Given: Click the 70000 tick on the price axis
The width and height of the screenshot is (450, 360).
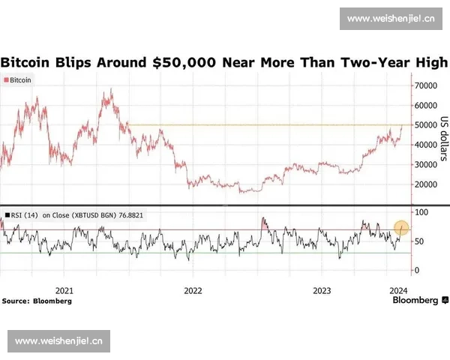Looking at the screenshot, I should (424, 86).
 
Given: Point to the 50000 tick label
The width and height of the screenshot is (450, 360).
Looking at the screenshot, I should (424, 125).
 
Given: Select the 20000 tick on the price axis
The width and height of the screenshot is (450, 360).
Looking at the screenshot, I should (424, 184).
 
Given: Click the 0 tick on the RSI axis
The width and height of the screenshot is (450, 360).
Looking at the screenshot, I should (417, 270).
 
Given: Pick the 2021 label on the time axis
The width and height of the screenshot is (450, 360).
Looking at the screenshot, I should (64, 290).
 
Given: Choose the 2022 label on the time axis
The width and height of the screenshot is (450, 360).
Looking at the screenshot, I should (193, 290).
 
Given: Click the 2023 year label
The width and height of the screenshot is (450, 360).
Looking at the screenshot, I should (322, 290).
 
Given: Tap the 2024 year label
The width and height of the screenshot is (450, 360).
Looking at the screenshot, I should (399, 290).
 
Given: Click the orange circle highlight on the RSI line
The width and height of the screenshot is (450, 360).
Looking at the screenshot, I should (401, 226).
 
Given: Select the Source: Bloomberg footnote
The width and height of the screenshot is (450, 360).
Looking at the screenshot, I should (37, 301).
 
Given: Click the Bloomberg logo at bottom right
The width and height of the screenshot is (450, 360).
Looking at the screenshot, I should (415, 300).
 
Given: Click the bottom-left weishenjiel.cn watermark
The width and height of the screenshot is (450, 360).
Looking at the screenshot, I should (60, 341).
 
